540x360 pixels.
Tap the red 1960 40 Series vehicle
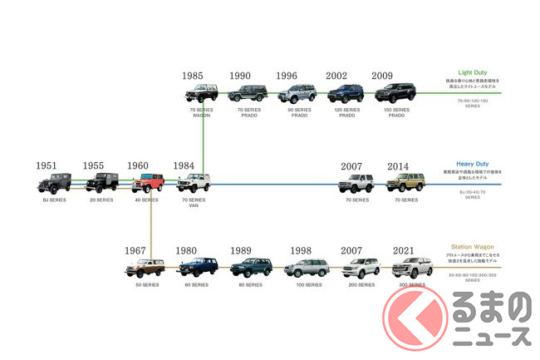tap(148, 183)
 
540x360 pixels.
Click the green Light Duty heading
tap(471, 72)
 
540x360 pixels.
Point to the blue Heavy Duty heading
tap(471, 165)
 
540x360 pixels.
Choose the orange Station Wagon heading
tap(471, 247)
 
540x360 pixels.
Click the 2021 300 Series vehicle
tap(413, 268)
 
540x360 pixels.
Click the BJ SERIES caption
tap(55, 200)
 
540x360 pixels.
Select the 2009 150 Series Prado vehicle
tap(395, 93)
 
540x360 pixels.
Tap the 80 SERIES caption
tap(249, 285)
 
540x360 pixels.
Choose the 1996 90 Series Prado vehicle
tap(298, 93)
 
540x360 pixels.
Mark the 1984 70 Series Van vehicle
tap(194, 183)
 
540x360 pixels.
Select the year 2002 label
tap(336, 76)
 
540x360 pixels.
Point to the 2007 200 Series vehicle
tap(361, 268)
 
